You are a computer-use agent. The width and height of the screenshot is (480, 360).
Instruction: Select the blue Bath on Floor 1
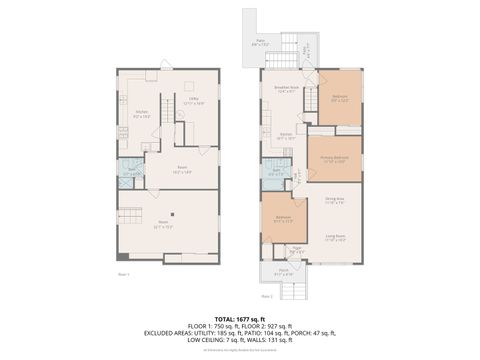(127, 172)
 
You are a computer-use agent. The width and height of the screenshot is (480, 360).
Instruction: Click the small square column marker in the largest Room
(172, 212)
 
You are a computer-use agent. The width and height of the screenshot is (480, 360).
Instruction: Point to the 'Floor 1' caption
(124, 272)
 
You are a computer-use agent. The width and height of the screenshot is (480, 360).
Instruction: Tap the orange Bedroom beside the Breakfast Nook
(340, 98)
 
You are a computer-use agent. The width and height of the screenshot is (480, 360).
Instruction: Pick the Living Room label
(334, 238)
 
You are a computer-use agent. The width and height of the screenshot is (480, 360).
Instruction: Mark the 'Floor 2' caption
(267, 296)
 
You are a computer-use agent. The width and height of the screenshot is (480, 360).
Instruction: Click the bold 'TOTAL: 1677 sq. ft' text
(240, 316)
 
